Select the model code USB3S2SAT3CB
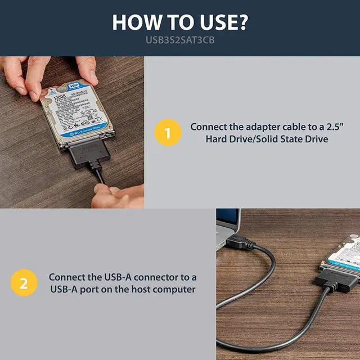180,41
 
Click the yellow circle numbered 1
167,133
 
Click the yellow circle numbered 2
23,283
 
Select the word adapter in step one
253,127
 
